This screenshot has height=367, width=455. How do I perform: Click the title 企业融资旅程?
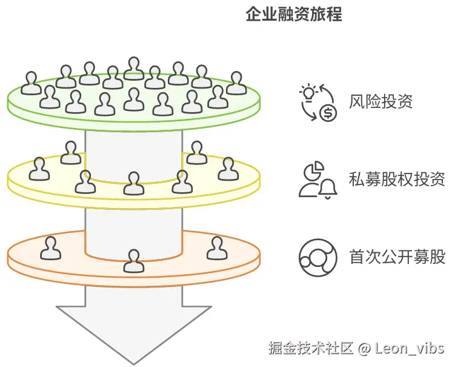coord(294,15)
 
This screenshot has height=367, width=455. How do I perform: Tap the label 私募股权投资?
coord(397,180)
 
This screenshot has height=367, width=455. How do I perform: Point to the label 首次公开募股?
coord(397,257)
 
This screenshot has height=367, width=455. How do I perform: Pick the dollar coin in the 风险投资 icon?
coord(328,113)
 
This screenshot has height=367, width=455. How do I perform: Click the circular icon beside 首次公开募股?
coord(317,257)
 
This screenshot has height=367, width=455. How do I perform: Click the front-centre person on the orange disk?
coord(133,261)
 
